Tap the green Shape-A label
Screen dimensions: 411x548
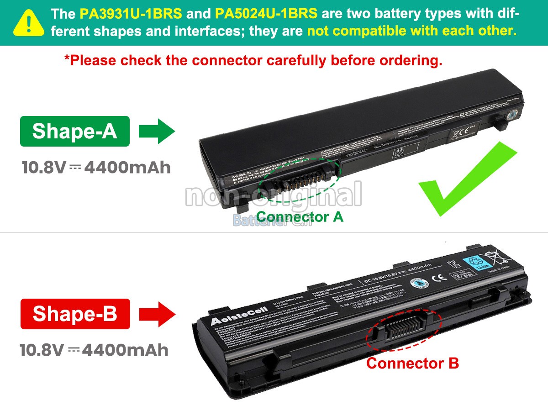(x=75, y=132)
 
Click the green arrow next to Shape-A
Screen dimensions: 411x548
(x=157, y=132)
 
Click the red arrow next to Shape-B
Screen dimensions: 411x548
(x=157, y=314)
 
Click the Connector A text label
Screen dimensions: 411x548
(x=300, y=217)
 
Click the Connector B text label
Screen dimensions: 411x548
(x=412, y=364)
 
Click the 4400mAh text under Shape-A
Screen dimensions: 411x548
(x=128, y=168)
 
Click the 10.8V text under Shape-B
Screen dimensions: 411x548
(x=42, y=350)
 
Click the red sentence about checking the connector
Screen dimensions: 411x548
(x=253, y=60)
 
